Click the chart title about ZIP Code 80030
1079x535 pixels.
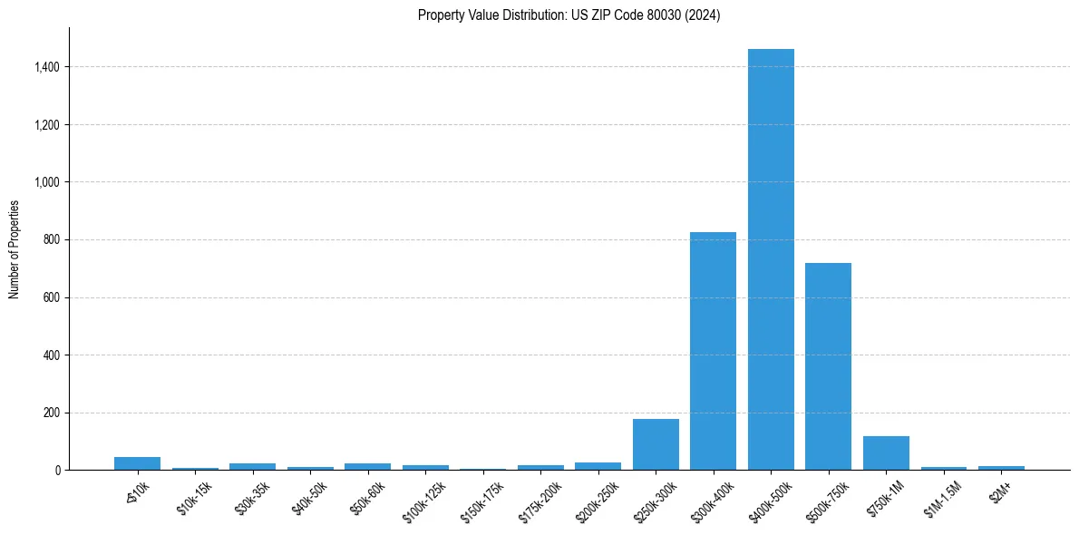click(569, 15)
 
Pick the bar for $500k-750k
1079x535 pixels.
click(828, 366)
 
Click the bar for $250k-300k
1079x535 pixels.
click(656, 444)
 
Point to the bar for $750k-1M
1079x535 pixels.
click(886, 452)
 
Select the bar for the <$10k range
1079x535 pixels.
click(137, 463)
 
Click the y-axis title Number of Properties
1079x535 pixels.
click(15, 248)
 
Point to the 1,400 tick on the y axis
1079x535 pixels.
click(47, 67)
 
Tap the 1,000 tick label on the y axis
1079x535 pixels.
click(47, 182)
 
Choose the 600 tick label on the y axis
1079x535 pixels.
click(52, 297)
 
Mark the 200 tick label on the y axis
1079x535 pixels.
click(52, 413)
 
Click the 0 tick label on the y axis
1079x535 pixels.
click(57, 471)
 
